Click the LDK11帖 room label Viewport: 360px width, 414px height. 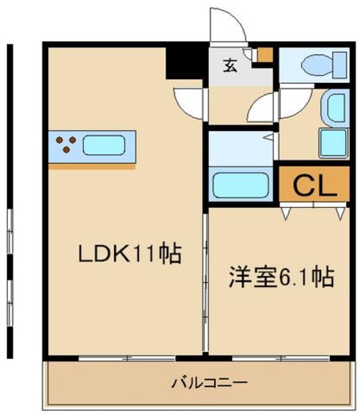(130, 255)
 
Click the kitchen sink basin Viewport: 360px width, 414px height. (104, 146)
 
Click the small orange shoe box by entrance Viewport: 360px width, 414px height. (264, 55)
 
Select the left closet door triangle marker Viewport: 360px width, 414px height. (287, 212)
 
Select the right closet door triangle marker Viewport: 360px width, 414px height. (341, 212)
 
